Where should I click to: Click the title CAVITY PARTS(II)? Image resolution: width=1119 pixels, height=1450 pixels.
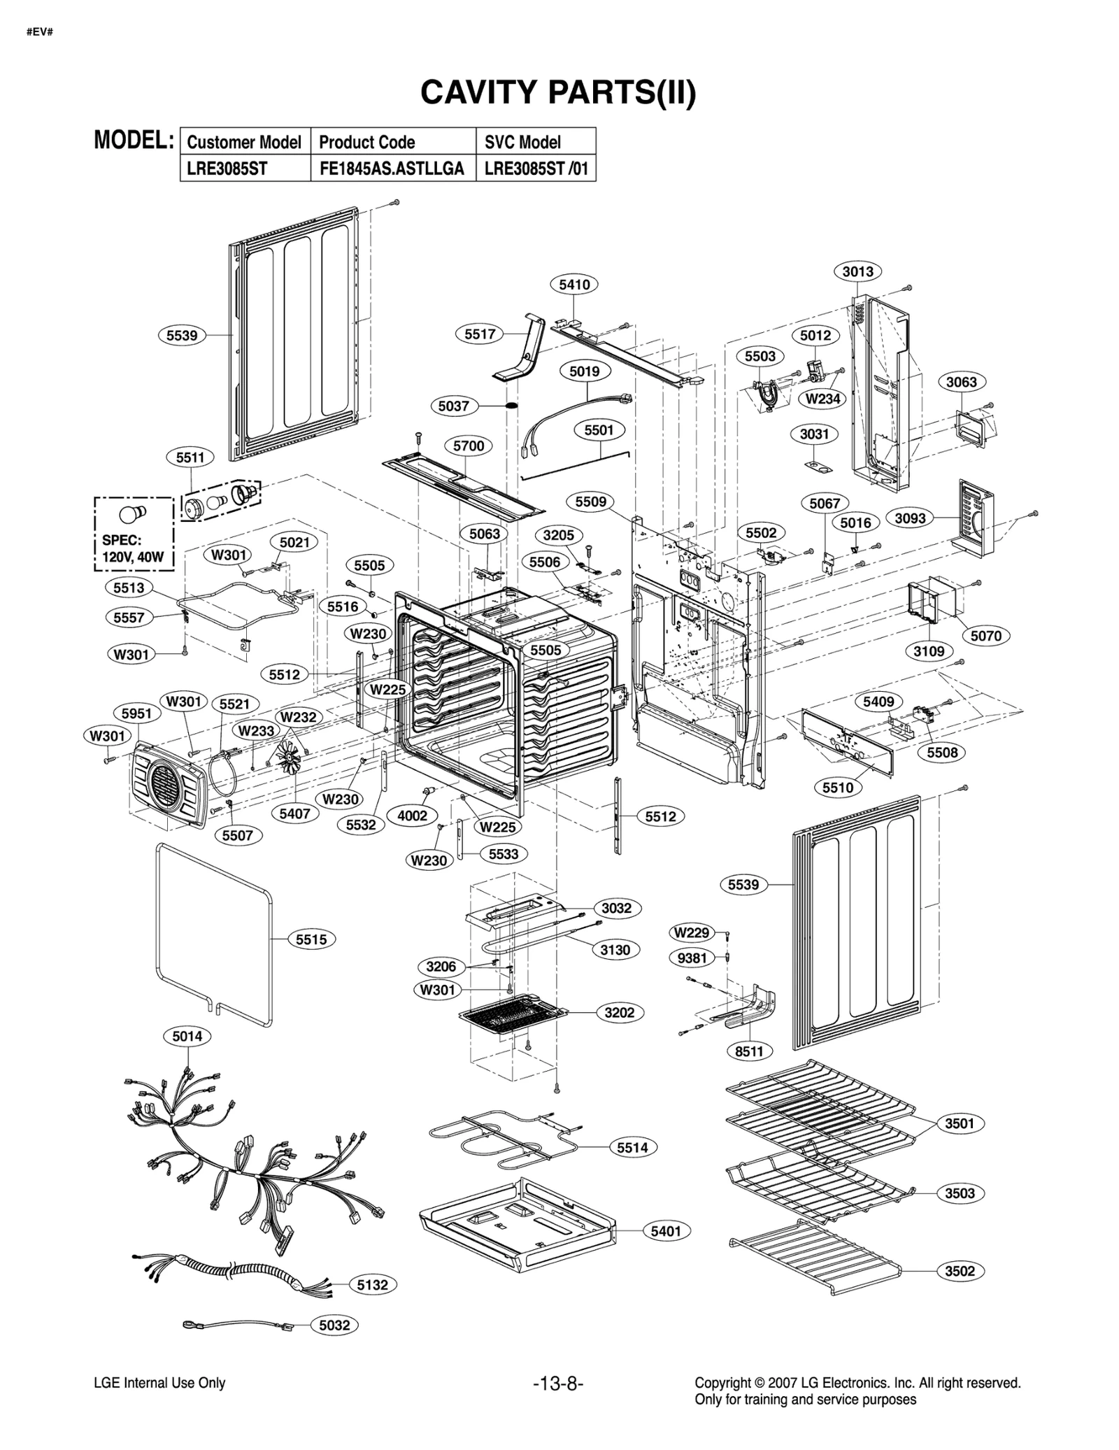557,92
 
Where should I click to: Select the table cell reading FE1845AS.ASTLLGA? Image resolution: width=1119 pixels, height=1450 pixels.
392,169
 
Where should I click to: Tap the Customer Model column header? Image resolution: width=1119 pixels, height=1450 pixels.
244,142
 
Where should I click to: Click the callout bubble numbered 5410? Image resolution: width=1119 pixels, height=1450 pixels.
574,284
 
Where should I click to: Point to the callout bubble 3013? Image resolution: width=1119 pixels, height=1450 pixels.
857,271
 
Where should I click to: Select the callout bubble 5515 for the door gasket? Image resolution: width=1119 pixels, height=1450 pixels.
311,939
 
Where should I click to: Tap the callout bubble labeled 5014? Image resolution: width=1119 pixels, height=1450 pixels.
187,1036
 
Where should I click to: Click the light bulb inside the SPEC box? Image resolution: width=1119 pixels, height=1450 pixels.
133,513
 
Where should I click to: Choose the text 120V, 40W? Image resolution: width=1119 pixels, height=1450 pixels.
133,557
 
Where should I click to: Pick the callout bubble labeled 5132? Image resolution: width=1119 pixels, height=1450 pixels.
372,1284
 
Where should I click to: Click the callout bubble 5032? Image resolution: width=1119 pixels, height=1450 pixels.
334,1325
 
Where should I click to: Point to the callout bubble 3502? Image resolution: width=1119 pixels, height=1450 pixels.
960,1271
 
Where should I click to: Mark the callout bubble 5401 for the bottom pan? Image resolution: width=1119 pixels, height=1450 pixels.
666,1231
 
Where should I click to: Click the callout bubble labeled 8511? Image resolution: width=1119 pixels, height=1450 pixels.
749,1051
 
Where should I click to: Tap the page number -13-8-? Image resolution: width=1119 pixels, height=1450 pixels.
558,1384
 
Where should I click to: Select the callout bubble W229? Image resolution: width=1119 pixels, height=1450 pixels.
692,932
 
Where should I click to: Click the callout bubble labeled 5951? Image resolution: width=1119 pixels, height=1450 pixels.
136,713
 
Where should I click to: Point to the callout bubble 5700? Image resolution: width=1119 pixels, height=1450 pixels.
469,446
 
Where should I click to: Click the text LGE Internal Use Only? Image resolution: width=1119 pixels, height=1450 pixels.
159,1383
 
